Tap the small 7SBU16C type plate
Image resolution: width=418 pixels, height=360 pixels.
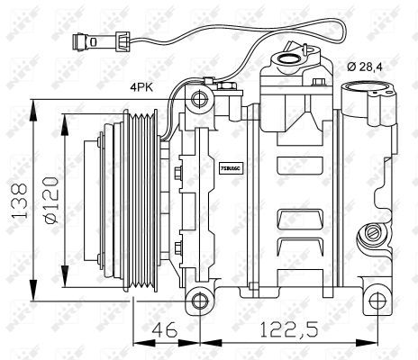[x=232, y=166]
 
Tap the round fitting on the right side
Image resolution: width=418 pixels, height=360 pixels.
[x=368, y=236]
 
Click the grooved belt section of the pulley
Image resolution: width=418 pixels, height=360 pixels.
[x=144, y=200]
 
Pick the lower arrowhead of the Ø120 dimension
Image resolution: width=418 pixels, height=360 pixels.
[x=64, y=279]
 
